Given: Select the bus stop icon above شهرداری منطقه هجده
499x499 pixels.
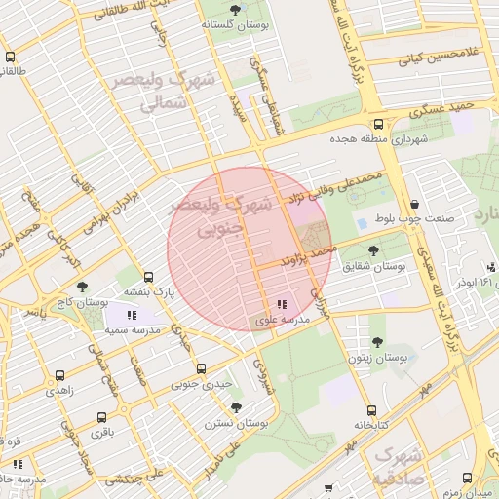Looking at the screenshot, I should pos(378,124).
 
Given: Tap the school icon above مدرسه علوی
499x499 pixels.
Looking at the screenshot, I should pos(282,304).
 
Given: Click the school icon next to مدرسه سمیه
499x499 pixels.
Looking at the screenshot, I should pos(133,315).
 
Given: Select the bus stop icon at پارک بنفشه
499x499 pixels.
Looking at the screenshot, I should pos(148,276).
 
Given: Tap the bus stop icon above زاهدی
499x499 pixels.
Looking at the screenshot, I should pos(60,374).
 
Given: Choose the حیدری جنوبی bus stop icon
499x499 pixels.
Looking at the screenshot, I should pos(201,368).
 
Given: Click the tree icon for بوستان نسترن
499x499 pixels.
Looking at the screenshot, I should pos(236,407).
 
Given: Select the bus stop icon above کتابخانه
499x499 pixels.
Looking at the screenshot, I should pos(370,410).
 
